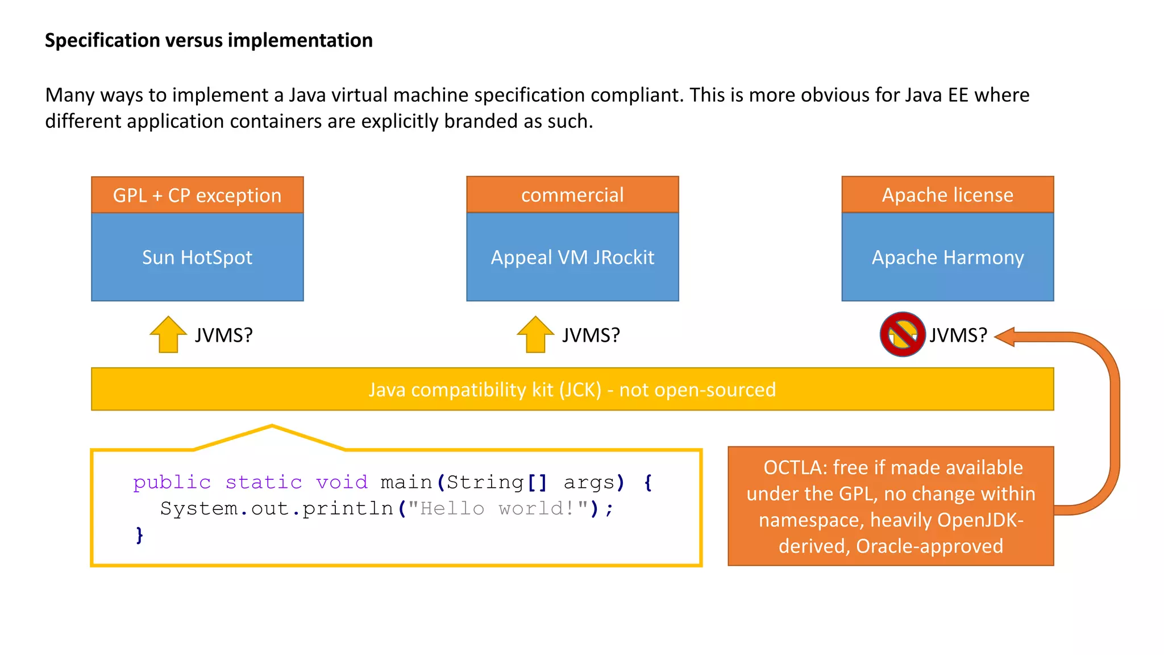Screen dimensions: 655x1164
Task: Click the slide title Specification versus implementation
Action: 209,40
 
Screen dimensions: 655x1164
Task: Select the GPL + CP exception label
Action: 197,195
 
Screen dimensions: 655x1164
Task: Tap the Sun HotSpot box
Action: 197,258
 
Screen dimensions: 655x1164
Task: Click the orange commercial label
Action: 572,195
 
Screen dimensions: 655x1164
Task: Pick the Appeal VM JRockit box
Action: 572,258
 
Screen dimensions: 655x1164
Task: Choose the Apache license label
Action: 947,195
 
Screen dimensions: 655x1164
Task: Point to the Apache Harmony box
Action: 947,258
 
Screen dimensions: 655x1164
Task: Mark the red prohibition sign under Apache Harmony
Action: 903,334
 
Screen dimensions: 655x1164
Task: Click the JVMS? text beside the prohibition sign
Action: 958,335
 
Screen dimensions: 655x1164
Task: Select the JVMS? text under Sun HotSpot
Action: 223,335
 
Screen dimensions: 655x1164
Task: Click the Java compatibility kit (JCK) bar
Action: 572,389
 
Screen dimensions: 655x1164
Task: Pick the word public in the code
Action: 172,482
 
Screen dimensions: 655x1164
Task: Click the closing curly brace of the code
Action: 139,534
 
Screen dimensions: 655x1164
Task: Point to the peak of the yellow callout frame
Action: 272,426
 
